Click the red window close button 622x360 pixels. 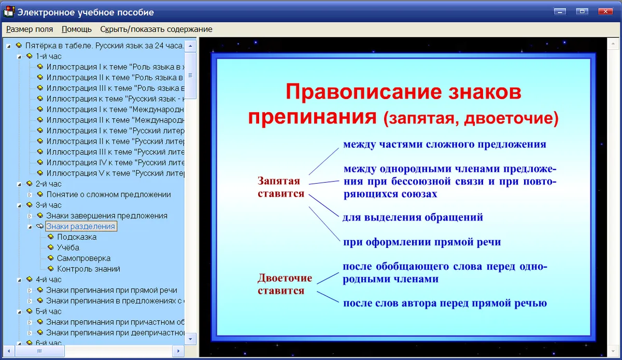coord(605,11)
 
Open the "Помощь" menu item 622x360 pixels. coord(76,29)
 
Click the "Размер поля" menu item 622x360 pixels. coord(30,29)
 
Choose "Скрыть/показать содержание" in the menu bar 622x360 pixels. coord(156,29)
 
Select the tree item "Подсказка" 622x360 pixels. coord(77,237)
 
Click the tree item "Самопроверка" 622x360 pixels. coord(83,258)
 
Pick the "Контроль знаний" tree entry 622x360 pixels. coord(89,269)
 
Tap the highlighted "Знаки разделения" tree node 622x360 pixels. coord(80,226)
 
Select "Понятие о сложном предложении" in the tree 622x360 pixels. coord(108,195)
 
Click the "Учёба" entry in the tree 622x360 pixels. coord(68,247)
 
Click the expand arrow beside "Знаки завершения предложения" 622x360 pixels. coord(30,216)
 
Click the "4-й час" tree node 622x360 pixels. coord(49,280)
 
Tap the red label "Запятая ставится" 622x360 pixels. coord(281,187)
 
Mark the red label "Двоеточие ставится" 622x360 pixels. coord(285,284)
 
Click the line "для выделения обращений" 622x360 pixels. coord(413,217)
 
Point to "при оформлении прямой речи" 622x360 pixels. coord(422,242)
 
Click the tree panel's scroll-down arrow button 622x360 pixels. coord(191,339)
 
